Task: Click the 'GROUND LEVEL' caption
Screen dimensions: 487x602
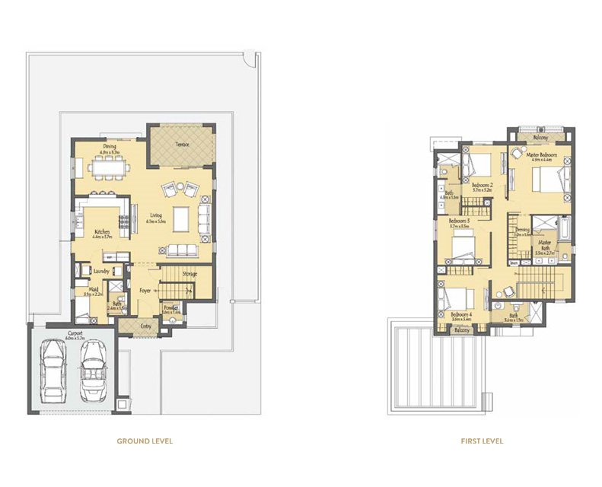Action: click(x=145, y=441)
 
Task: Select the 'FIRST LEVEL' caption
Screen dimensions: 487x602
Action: click(x=482, y=441)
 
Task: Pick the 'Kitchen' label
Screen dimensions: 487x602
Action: click(x=103, y=231)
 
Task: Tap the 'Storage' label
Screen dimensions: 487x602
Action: click(x=190, y=273)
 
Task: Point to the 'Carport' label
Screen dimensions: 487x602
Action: click(x=74, y=333)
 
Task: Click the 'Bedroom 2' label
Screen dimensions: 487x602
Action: click(x=483, y=185)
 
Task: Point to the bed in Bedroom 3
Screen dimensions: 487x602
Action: click(x=463, y=248)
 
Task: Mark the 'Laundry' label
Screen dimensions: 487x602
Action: click(x=103, y=269)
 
